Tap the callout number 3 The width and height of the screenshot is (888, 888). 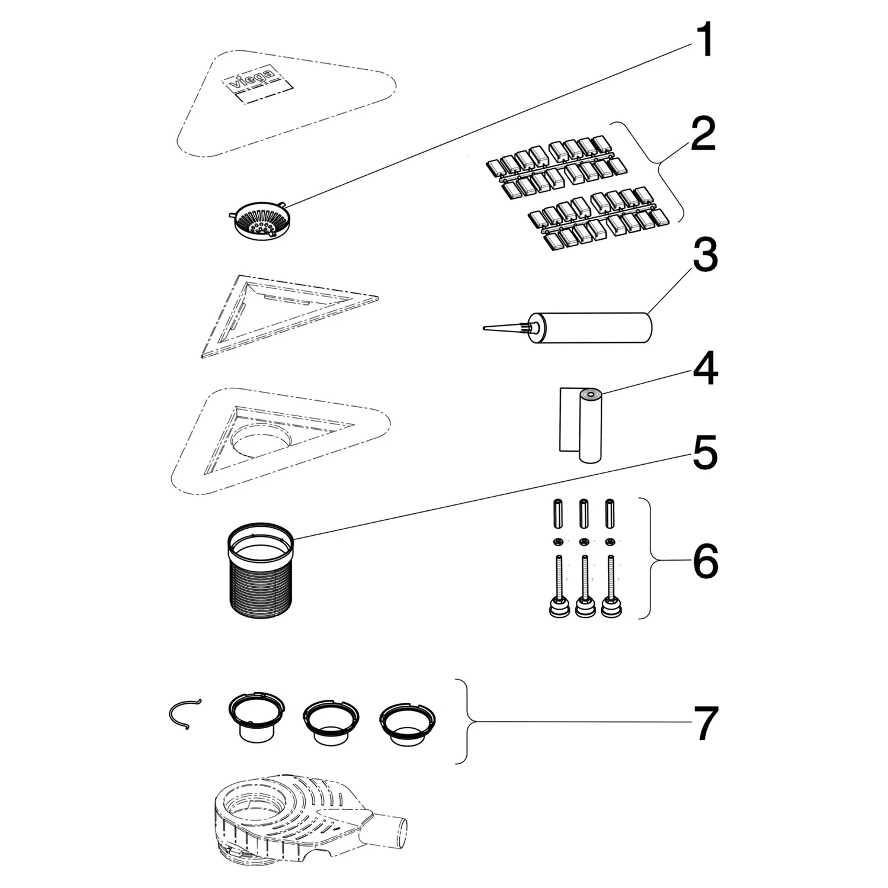[705, 255]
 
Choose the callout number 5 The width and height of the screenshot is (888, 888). [704, 453]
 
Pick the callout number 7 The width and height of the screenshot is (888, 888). [705, 722]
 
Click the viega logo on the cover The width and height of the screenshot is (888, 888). [253, 81]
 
